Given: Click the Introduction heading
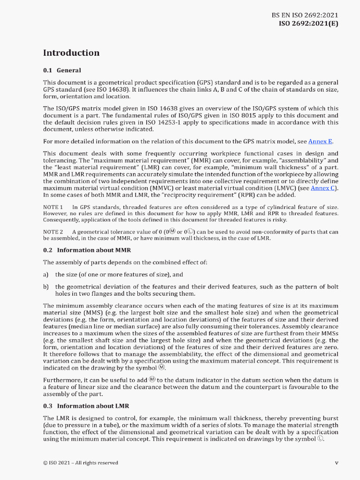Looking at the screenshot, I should point(71,53).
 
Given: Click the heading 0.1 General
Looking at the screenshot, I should point(62,70).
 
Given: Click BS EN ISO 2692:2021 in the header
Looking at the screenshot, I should point(305,15).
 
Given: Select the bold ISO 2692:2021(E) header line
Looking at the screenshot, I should point(308,23).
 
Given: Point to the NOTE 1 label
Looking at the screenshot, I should point(53,207).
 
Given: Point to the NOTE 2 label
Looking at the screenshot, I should point(53,232).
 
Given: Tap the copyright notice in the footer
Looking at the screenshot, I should point(81,463).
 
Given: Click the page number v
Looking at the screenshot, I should point(336,463).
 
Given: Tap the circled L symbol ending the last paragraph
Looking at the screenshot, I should point(320,439).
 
